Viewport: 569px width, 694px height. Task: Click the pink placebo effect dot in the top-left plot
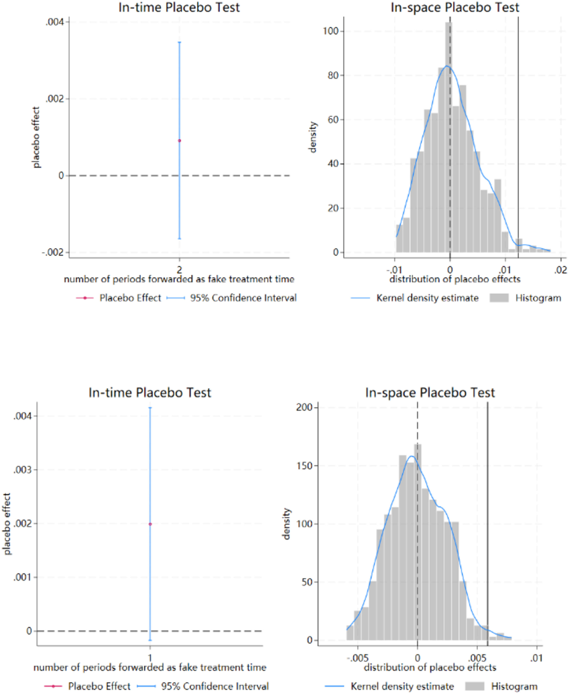pos(179,141)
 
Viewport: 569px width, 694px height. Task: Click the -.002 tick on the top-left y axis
pos(53,252)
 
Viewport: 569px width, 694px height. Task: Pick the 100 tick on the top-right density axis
pos(331,31)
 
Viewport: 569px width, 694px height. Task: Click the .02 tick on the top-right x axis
pos(560,270)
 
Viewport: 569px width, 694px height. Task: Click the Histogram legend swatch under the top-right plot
pos(499,298)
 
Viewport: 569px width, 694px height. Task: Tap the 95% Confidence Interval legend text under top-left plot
pos(243,298)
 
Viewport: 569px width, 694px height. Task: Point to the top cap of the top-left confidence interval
pos(179,42)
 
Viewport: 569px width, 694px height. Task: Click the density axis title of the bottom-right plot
pos(286,524)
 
